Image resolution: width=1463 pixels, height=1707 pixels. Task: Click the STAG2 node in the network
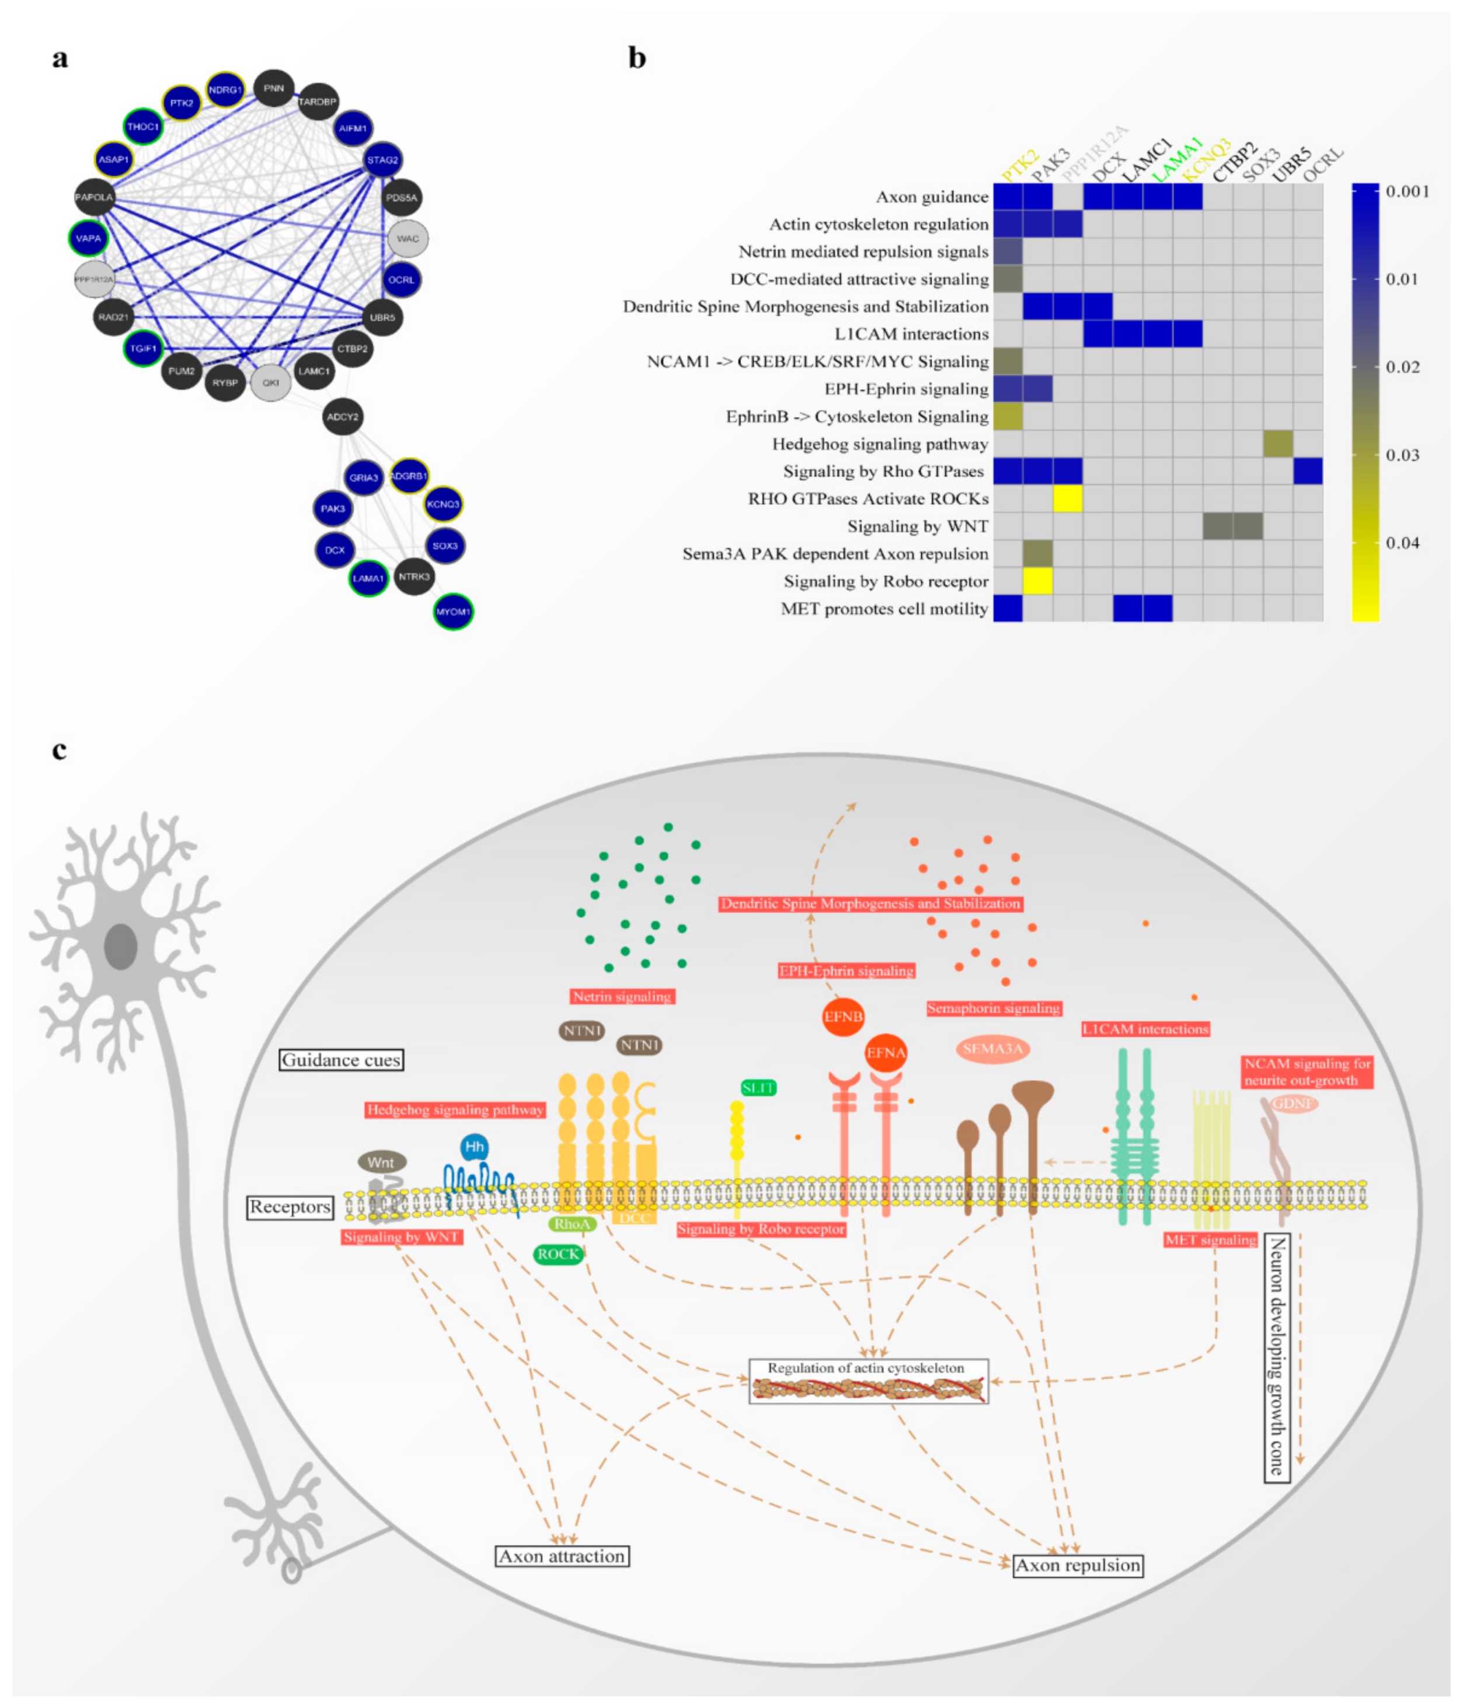(x=382, y=160)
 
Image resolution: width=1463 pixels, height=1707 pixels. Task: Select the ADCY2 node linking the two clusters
(x=342, y=417)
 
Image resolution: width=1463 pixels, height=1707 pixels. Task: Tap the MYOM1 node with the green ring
(x=452, y=611)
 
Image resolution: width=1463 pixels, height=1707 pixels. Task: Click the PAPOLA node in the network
(x=94, y=197)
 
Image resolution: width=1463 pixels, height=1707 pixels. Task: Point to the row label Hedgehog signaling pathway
(x=879, y=444)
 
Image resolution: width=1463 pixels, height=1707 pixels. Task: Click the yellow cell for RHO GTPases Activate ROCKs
(x=1067, y=498)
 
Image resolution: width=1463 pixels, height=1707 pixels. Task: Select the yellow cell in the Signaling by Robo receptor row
(x=1037, y=581)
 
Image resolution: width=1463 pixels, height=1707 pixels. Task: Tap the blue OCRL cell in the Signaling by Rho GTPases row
(x=1307, y=471)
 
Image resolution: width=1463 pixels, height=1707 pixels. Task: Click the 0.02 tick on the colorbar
(x=1401, y=366)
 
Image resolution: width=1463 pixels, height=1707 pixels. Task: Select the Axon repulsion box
(x=1077, y=1565)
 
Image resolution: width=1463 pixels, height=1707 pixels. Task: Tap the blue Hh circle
(x=474, y=1147)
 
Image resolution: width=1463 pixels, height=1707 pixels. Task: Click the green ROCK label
(x=558, y=1254)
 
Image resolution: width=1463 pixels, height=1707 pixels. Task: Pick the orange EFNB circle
(x=842, y=1017)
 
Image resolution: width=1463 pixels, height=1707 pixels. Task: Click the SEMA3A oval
(x=992, y=1049)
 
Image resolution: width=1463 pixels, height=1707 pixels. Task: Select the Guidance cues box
(x=341, y=1059)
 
